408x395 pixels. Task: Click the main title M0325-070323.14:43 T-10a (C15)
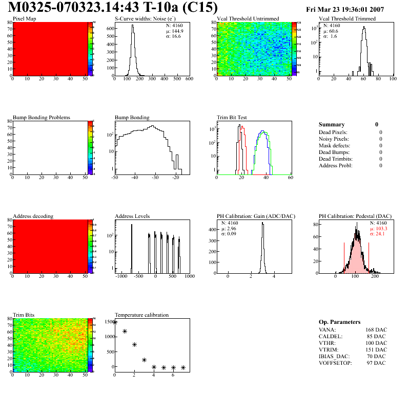[x=113, y=8]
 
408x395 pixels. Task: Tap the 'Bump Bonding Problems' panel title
[x=42, y=118]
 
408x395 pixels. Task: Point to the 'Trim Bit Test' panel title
[x=232, y=118]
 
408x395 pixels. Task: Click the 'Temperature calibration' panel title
[x=142, y=315]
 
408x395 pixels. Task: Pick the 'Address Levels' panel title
[x=133, y=216]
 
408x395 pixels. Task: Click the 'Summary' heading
[x=332, y=124]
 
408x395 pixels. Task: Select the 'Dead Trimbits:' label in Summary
[x=336, y=159]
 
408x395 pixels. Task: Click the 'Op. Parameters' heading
[x=339, y=322]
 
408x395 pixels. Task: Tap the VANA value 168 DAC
[x=376, y=330]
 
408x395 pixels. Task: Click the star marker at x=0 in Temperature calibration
[x=115, y=322]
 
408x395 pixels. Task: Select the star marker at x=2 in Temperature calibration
[x=134, y=345]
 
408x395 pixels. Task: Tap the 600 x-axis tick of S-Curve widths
[x=189, y=79]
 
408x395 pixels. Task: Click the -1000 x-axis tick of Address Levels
[x=121, y=276]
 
